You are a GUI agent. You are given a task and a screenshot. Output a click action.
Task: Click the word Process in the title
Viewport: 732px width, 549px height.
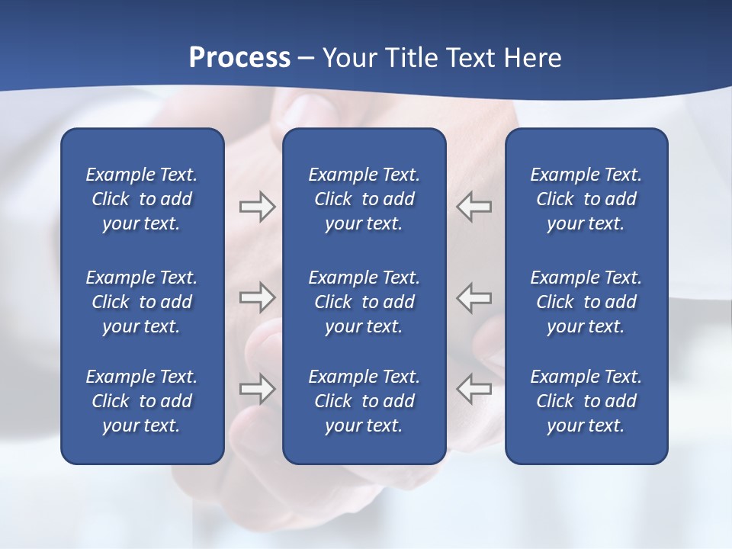[x=239, y=58]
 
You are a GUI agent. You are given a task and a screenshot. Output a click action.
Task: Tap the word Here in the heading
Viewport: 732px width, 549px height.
[x=531, y=58]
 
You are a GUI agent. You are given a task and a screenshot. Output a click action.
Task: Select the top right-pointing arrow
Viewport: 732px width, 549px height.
[x=257, y=207]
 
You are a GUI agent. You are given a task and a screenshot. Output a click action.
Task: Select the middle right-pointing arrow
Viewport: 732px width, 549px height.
[x=257, y=297]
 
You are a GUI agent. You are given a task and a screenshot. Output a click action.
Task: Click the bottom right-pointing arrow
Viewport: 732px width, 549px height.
[x=257, y=389]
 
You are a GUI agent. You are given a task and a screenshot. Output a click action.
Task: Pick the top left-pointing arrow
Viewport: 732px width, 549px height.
[x=474, y=207]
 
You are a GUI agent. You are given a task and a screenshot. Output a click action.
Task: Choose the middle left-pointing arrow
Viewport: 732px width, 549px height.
[x=474, y=297]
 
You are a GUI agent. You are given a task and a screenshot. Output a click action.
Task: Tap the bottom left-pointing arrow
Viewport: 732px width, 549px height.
[x=474, y=389]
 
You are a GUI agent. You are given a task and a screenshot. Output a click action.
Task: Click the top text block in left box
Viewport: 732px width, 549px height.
[x=142, y=199]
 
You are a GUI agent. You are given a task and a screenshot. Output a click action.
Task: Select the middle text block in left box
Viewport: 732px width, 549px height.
[x=142, y=302]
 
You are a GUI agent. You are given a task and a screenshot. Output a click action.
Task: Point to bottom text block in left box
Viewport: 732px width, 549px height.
[x=142, y=401]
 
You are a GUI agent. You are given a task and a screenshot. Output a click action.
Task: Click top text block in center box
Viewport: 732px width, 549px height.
[x=364, y=199]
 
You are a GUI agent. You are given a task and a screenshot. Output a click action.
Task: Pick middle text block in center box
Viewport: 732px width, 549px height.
[x=364, y=302]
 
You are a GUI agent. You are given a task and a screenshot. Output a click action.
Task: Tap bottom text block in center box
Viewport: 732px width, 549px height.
[x=364, y=401]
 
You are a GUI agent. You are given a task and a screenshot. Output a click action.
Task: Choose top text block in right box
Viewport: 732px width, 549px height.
[x=586, y=199]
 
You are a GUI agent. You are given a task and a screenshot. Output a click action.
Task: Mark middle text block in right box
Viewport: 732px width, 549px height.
[x=586, y=302]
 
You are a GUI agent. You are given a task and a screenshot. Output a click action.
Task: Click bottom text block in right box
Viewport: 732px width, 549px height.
[x=586, y=401]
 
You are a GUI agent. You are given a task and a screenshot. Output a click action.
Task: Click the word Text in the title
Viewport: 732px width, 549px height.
[x=469, y=58]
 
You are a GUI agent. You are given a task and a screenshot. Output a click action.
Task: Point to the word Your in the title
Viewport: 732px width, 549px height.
[x=348, y=58]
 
